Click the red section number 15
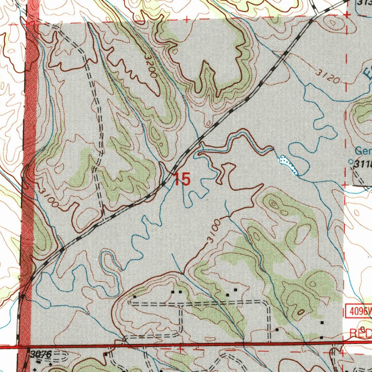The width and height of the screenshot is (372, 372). point(182,179)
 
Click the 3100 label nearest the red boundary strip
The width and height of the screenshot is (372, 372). point(48,197)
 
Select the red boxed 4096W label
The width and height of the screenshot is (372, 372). point(357,311)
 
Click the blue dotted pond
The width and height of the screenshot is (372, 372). point(289,164)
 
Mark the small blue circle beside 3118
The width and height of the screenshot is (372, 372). point(351,161)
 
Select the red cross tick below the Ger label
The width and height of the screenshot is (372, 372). point(345,185)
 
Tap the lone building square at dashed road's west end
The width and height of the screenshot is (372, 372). point(134,296)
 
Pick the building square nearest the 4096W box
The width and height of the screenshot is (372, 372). point(322,323)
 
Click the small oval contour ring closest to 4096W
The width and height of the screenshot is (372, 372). point(301,312)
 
